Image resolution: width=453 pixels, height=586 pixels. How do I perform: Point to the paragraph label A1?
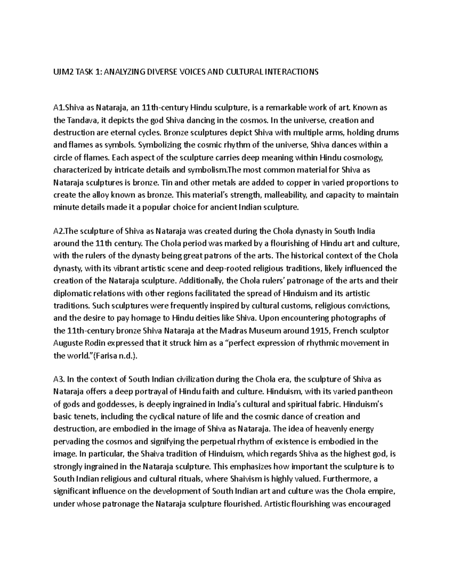click(59, 108)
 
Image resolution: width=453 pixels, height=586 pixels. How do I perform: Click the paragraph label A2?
click(59, 231)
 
